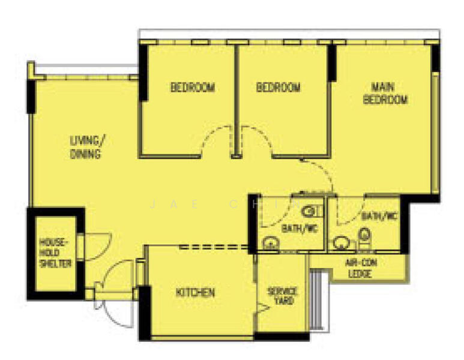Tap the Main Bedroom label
click(385, 93)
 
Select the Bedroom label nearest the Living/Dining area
click(192, 88)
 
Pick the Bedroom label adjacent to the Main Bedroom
click(278, 88)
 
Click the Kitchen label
click(195, 293)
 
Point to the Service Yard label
click(282, 295)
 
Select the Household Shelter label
click(56, 253)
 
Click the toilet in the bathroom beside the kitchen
click(310, 211)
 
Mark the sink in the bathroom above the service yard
click(271, 244)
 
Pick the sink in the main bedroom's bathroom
click(342, 243)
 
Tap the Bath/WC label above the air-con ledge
click(379, 216)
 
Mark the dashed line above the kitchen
click(214, 247)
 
